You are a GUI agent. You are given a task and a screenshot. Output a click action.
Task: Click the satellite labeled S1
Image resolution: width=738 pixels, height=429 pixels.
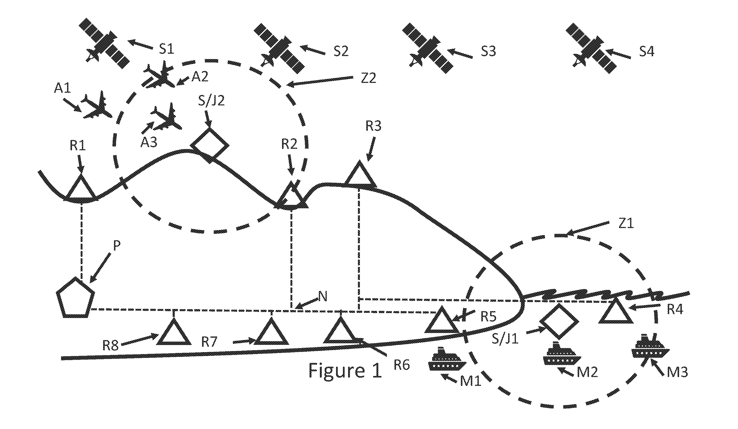click(x=104, y=43)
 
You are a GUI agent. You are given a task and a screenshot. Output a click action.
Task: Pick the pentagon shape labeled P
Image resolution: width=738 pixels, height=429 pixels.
click(x=75, y=297)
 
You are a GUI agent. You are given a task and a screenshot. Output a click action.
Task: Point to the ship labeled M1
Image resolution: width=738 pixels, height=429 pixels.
click(x=447, y=359)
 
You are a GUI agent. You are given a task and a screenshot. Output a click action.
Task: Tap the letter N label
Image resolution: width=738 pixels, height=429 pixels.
click(x=322, y=297)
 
